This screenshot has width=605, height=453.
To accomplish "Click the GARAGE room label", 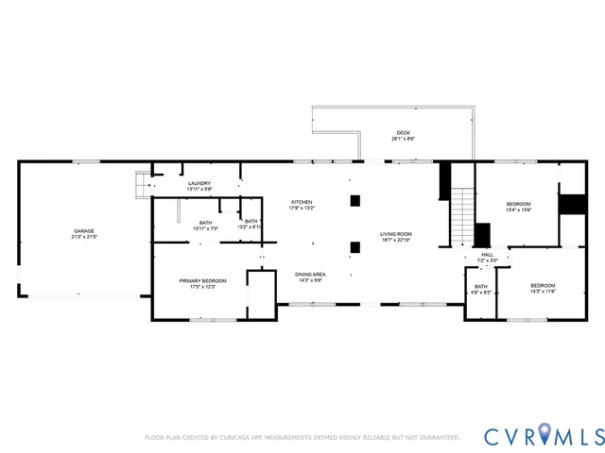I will tap(84, 230).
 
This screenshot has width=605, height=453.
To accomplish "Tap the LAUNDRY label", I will tap(199, 184).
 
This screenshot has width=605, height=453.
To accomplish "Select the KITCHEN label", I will tap(301, 202).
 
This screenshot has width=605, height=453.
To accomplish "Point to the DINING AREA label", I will tap(310, 274).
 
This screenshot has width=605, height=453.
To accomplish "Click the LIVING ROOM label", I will tap(396, 234).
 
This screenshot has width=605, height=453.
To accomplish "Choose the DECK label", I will tap(404, 133).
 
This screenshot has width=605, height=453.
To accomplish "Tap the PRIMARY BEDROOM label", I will tap(204, 281).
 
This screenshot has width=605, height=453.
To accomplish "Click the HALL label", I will tap(487, 254).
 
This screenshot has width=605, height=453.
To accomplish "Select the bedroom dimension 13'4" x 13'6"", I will tap(518, 210).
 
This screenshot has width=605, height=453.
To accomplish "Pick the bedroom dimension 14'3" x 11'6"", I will tap(543, 292).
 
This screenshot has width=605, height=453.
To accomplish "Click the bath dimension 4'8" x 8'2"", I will tap(481, 293).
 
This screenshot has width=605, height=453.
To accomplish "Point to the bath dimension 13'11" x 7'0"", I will tap(205, 228).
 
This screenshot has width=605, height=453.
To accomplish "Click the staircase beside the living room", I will tap(460, 215).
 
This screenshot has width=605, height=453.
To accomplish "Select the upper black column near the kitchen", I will tap(354, 200).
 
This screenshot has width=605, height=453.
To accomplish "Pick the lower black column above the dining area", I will tap(354, 247).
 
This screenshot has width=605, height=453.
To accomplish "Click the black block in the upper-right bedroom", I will tap(571, 204).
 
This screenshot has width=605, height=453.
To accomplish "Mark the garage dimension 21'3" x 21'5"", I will tap(84, 236).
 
